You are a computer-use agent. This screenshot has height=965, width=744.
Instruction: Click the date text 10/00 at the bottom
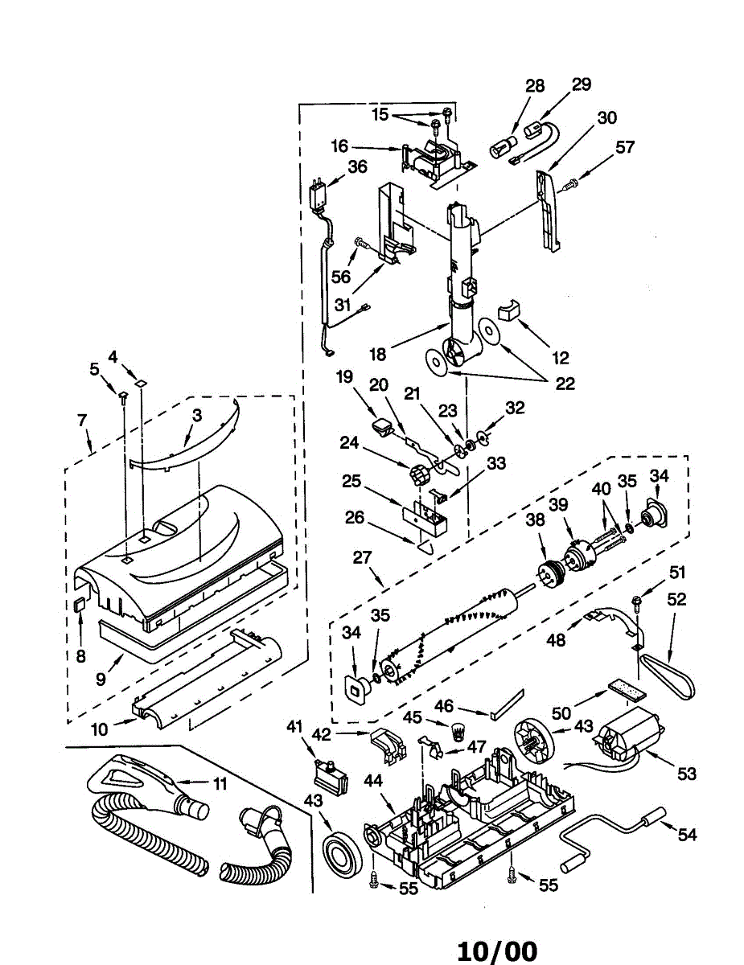point(497,949)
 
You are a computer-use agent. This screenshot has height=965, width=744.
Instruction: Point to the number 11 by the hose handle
point(220,783)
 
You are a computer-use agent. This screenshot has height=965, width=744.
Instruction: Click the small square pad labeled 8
point(80,605)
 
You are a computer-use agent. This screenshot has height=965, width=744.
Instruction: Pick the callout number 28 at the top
point(535,86)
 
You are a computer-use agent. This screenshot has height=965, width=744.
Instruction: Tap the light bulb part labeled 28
point(503,146)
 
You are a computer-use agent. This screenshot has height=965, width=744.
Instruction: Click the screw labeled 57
point(569,184)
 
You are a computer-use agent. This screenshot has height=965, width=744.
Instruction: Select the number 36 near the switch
point(358,166)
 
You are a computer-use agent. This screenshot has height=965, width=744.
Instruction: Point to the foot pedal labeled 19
point(381,426)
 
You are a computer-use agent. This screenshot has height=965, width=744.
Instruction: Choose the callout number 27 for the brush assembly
point(362,557)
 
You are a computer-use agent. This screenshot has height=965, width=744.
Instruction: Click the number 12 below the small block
point(560,358)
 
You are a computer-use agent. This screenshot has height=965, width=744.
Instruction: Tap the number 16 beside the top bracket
point(339,146)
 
